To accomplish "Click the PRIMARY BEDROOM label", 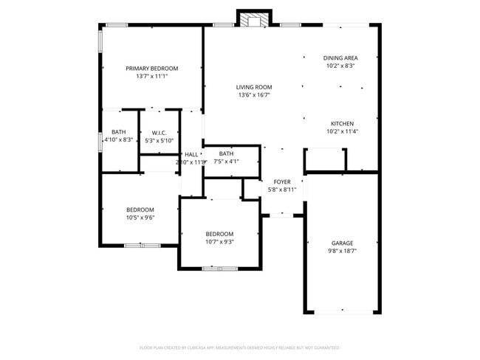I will [x=151, y=68].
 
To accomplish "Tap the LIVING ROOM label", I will [x=254, y=87].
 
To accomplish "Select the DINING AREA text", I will [x=340, y=58].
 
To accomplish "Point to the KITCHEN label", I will [x=342, y=123].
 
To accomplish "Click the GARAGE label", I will [x=342, y=243].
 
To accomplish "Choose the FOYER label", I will [x=282, y=181].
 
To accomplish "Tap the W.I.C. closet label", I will [x=159, y=133].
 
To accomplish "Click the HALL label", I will [x=191, y=154].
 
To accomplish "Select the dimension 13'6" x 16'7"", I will [x=254, y=95].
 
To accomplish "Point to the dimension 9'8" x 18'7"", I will [x=342, y=251].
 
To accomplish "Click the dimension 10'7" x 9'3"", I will [x=219, y=242].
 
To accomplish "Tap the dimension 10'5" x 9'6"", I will [x=140, y=218].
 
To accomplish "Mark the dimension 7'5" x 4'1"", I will [x=226, y=162].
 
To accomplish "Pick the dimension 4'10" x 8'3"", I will [x=118, y=139].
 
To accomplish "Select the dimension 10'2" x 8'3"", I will [x=340, y=66].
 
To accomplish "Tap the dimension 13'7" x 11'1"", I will [x=151, y=76].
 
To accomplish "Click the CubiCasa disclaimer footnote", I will [x=239, y=347].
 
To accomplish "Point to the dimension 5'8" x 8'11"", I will [x=282, y=190].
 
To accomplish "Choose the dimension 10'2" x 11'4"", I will [x=342, y=131].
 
